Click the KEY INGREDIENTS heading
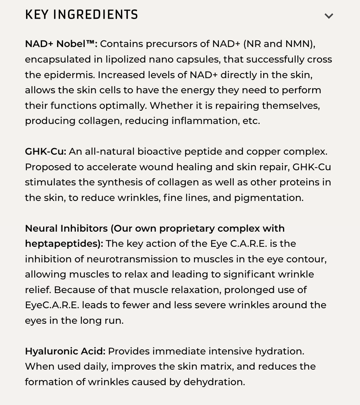[82, 15]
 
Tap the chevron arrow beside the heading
[329, 16]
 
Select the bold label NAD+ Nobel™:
[61, 44]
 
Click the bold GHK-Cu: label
[45, 152]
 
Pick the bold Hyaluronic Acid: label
[65, 351]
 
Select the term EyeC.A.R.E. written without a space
[52, 305]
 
